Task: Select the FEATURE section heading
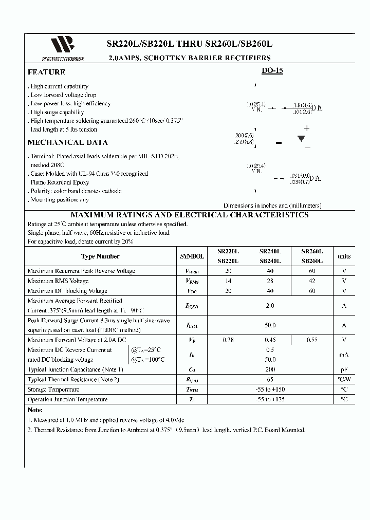pyautogui.click(x=46, y=72)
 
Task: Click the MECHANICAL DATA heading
pyautogui.click(x=67, y=142)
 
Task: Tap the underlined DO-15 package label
pyautogui.click(x=272, y=71)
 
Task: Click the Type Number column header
pyautogui.click(x=100, y=256)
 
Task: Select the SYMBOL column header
pyautogui.click(x=192, y=256)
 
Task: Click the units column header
pyautogui.click(x=344, y=256)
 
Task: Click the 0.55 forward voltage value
pyautogui.click(x=312, y=340)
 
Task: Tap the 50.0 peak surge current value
pyautogui.click(x=270, y=325)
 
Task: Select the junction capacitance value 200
pyautogui.click(x=270, y=369)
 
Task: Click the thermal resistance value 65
pyautogui.click(x=270, y=379)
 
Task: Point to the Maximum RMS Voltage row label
pyautogui.click(x=58, y=281)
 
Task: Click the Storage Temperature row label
pyautogui.click(x=53, y=389)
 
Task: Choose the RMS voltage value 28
pyautogui.click(x=270, y=281)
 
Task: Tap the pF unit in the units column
pyautogui.click(x=344, y=369)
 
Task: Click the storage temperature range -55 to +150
pyautogui.click(x=270, y=389)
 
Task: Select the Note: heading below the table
pyautogui.click(x=34, y=410)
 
